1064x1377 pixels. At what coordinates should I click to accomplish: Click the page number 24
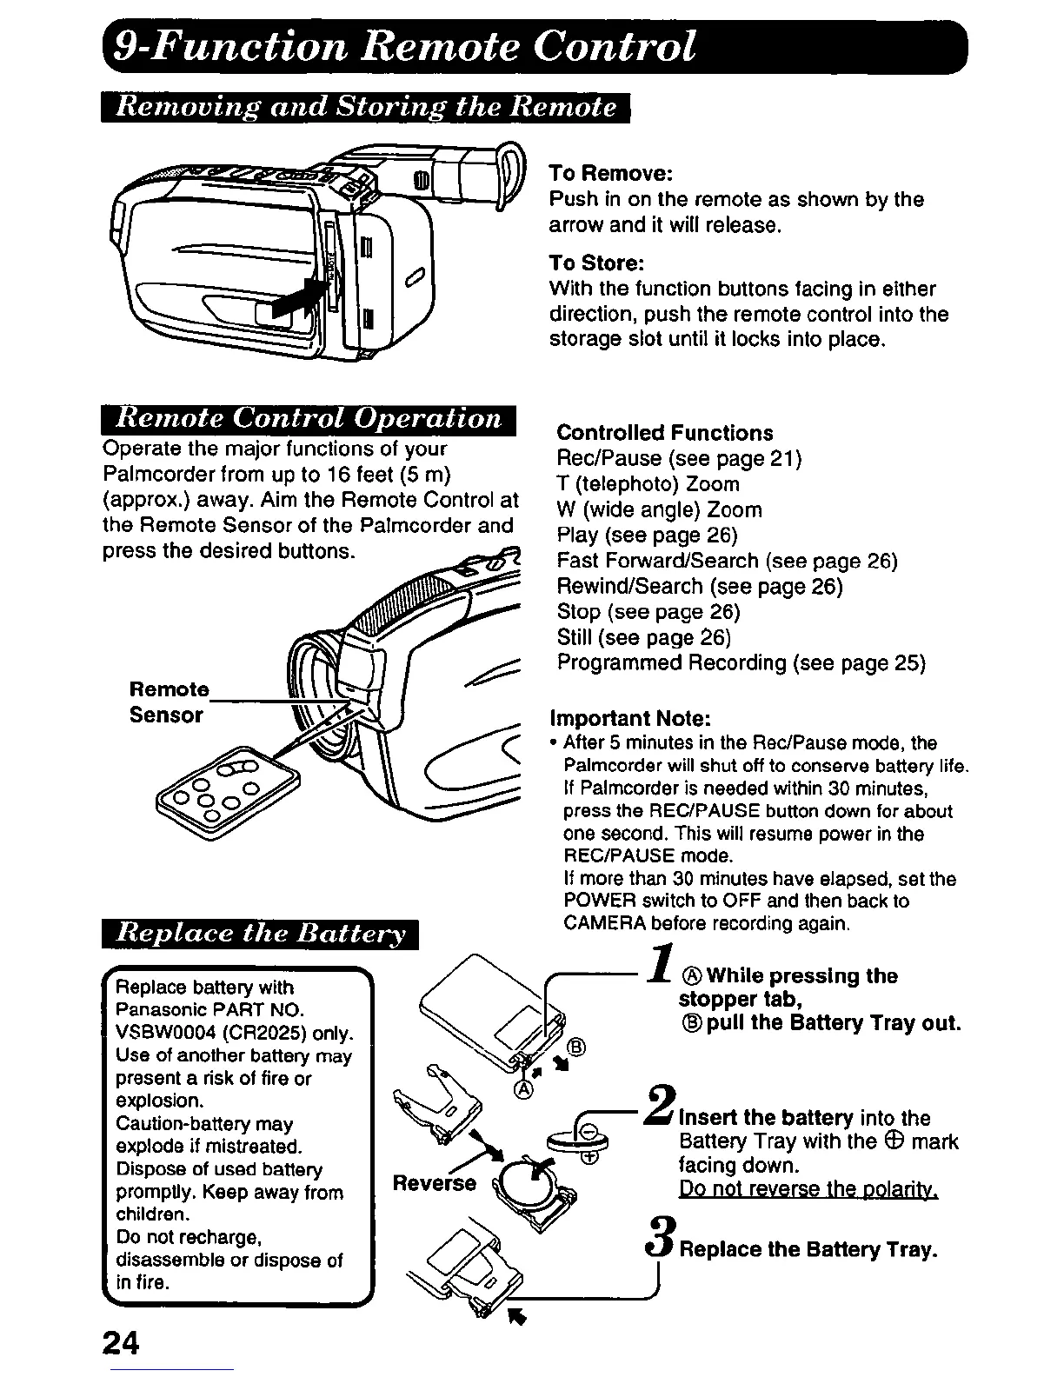(x=121, y=1342)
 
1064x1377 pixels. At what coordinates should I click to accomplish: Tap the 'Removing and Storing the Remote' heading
(x=365, y=107)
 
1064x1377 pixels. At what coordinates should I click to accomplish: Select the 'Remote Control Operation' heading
(x=309, y=419)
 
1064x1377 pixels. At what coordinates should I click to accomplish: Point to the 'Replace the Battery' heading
(x=260, y=935)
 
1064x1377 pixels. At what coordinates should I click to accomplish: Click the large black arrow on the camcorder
(x=298, y=296)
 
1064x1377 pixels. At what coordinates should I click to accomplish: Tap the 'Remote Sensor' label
(x=169, y=702)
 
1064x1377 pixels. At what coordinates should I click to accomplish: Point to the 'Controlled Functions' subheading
(x=664, y=433)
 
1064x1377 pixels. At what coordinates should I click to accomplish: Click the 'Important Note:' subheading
(x=631, y=719)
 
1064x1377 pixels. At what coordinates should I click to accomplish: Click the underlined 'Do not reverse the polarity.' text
(x=808, y=1188)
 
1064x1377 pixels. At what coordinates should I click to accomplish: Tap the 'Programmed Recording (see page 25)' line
(x=741, y=663)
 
